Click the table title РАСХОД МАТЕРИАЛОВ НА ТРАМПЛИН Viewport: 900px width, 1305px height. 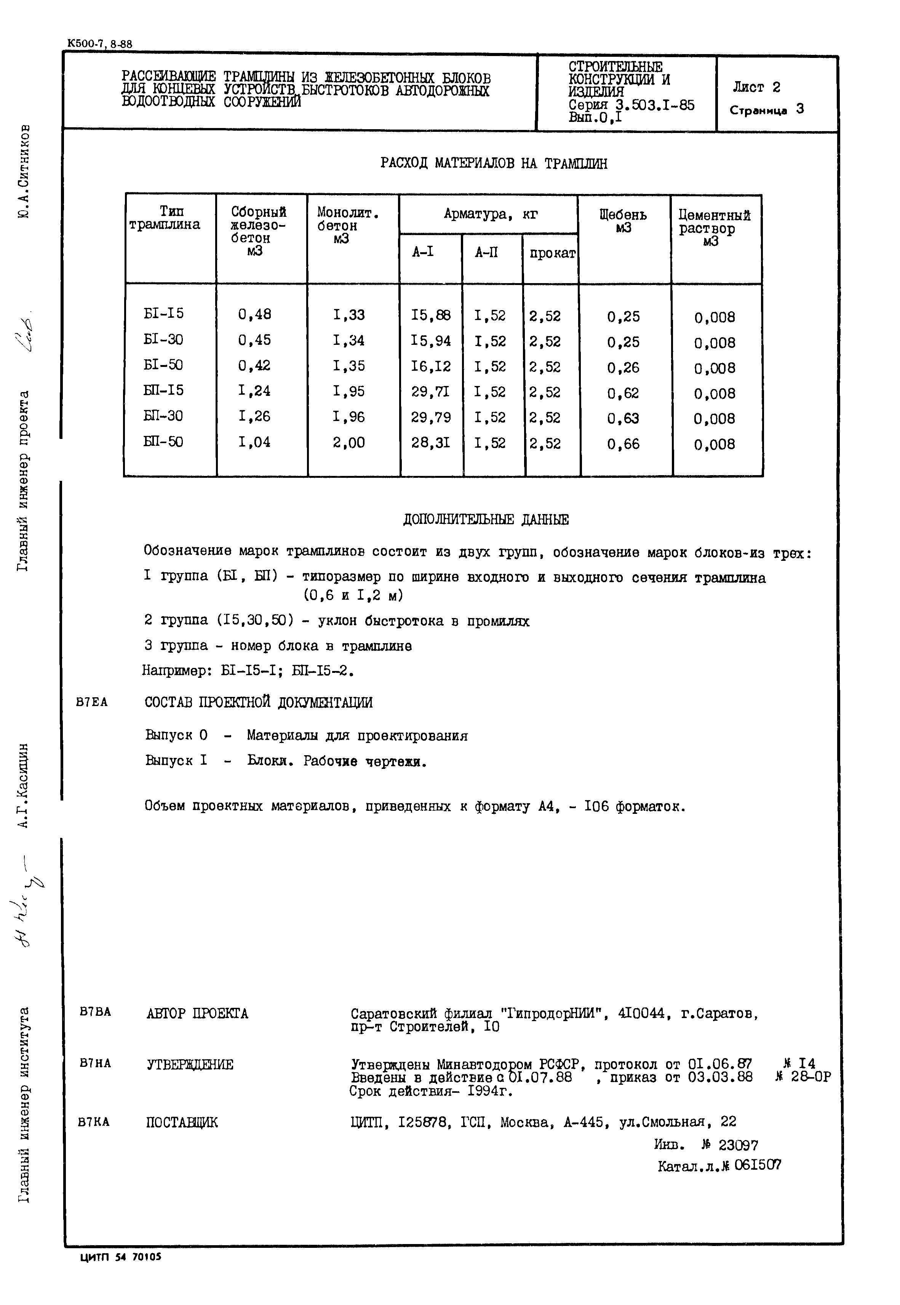(494, 163)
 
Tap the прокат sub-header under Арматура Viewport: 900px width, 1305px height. (552, 254)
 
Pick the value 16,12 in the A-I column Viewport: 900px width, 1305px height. (431, 367)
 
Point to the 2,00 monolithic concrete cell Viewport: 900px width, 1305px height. (348, 443)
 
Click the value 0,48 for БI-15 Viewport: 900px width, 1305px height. (254, 314)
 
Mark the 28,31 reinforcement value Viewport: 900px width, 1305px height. (431, 443)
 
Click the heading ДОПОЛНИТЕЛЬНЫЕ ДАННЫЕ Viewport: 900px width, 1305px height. (486, 519)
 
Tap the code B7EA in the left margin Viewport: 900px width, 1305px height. (91, 703)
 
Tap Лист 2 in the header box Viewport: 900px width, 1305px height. (756, 87)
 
